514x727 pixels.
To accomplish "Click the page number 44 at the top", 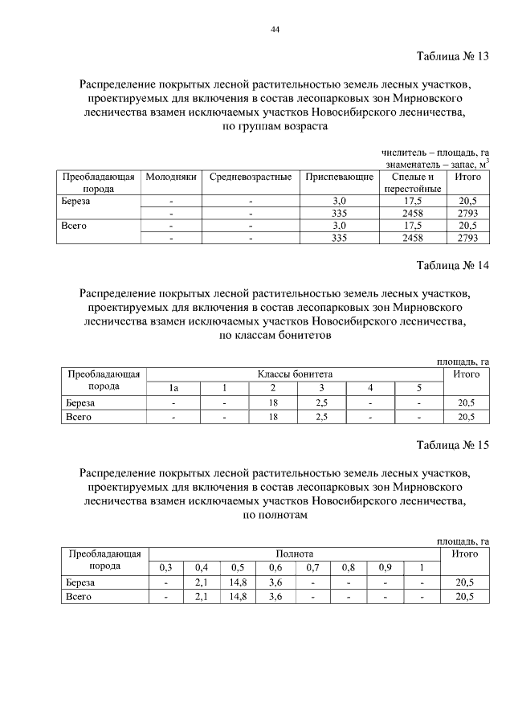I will pyautogui.click(x=275, y=29).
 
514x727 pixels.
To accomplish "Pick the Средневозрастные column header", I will pyautogui.click(x=250, y=177).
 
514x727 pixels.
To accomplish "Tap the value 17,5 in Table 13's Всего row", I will pyautogui.click(x=412, y=226).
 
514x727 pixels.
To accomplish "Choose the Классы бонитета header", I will pyautogui.click(x=295, y=374).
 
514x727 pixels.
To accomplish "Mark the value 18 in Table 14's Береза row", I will pyautogui.click(x=272, y=403).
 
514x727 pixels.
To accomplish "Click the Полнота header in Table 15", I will pyautogui.click(x=295, y=554).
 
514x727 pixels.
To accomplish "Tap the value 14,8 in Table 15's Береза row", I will pyautogui.click(x=238, y=583).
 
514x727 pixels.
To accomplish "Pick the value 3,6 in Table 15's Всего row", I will pyautogui.click(x=275, y=597).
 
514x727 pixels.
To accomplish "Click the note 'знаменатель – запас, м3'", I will pyautogui.click(x=436, y=163).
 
